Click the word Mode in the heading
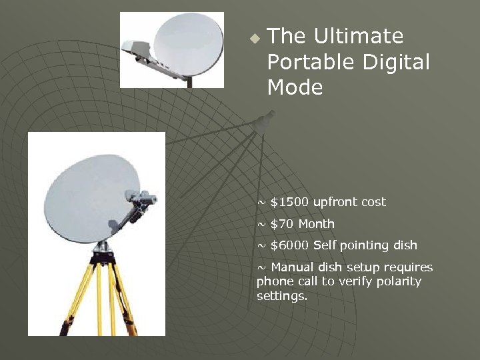295,87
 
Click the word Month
317,224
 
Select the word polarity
398,281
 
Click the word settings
282,295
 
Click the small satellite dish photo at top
172,50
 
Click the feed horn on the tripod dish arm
142,198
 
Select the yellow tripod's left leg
77,293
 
